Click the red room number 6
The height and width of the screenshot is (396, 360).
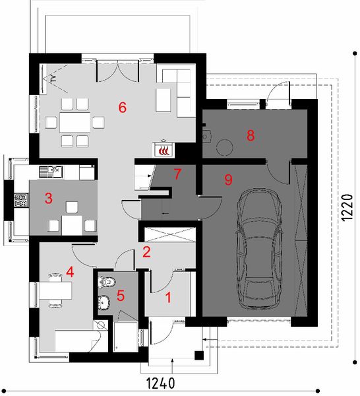click(x=122, y=108)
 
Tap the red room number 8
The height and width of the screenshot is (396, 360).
click(x=250, y=135)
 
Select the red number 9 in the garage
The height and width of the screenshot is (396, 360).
click(x=228, y=178)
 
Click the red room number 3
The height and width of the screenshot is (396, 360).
click(x=48, y=198)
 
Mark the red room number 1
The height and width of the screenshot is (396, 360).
click(x=169, y=297)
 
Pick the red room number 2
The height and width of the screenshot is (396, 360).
click(x=146, y=251)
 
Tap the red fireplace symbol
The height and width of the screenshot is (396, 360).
click(x=162, y=150)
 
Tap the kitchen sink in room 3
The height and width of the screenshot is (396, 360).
click(x=47, y=173)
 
